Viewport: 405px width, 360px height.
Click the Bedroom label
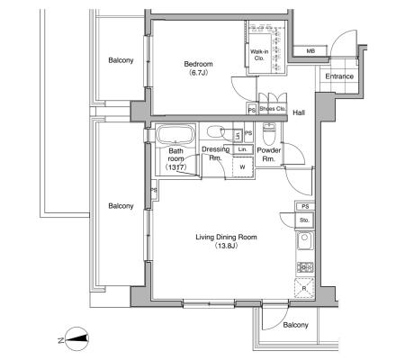[198, 64]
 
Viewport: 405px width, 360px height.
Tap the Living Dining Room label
[226, 237]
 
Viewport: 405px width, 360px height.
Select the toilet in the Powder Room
[267, 134]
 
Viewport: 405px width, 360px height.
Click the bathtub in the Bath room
[175, 134]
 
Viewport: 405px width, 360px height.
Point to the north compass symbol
[76, 339]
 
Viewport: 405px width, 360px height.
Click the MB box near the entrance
[310, 51]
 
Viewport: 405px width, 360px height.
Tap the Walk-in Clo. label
[259, 55]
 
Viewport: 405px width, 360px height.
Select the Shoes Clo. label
[273, 109]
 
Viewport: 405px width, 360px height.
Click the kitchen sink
[305, 241]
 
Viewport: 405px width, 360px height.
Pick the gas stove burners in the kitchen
[305, 266]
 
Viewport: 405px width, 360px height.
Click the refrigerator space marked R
[304, 288]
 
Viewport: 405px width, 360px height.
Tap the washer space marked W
[243, 167]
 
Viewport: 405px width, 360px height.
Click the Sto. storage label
[304, 220]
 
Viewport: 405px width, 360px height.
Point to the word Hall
[299, 112]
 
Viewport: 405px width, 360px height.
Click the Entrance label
[339, 76]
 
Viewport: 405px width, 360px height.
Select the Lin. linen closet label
[242, 149]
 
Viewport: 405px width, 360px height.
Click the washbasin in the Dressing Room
[215, 131]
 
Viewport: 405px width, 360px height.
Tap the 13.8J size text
[226, 246]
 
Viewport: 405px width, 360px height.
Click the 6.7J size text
[198, 72]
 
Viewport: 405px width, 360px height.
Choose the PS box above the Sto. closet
[305, 206]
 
